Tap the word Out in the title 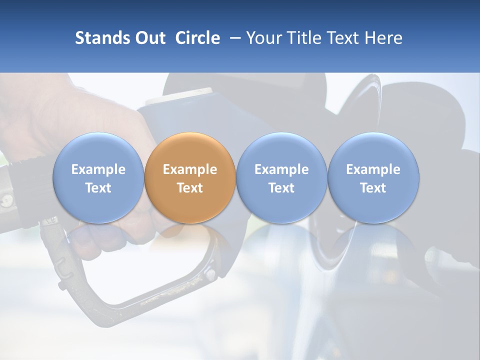[148, 38]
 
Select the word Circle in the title [197, 38]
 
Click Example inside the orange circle [190, 169]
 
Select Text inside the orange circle [190, 188]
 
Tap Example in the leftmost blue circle [98, 169]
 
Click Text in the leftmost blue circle [98, 188]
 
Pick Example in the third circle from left [281, 169]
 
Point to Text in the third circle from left [281, 188]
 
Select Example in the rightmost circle [373, 169]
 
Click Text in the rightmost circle [373, 188]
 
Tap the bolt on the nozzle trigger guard [210, 274]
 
